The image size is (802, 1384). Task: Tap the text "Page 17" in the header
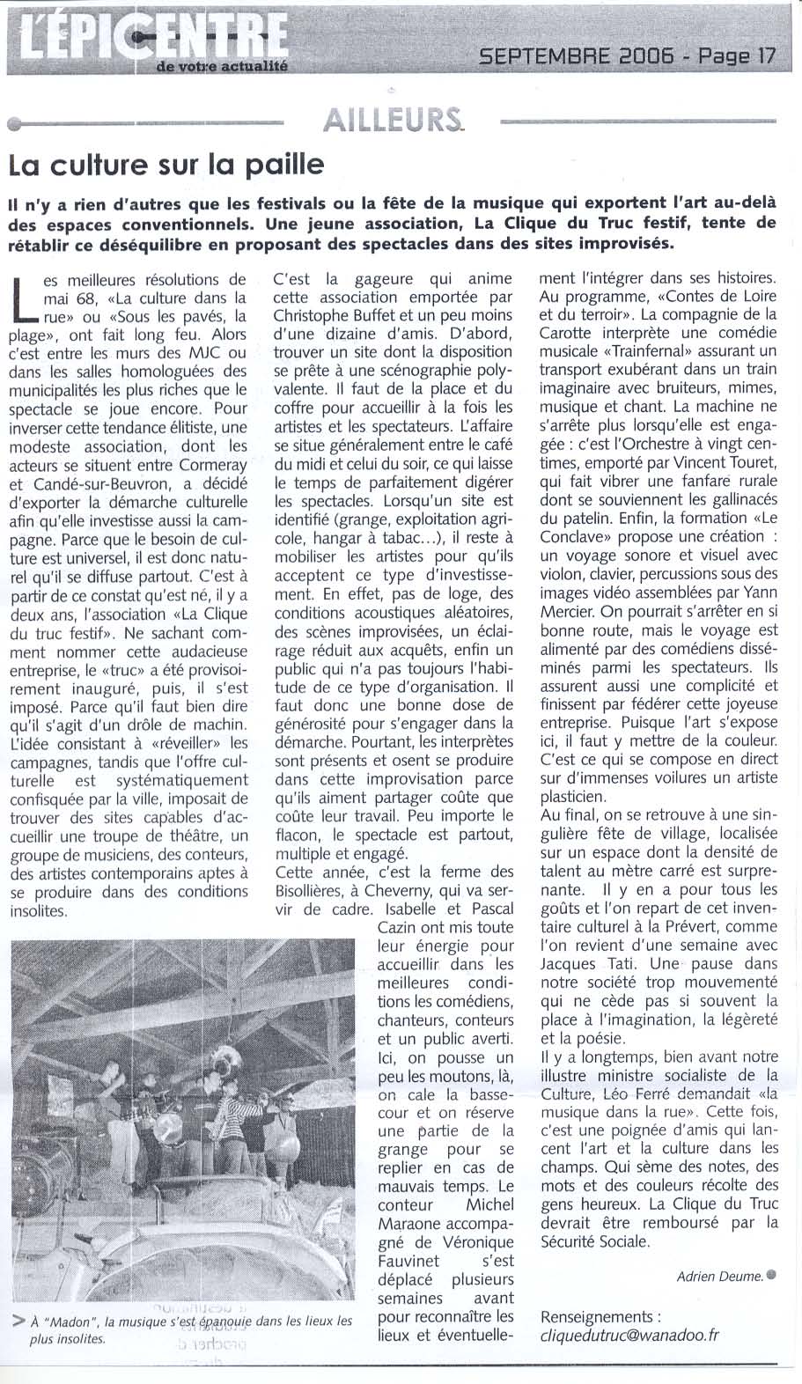[738, 56]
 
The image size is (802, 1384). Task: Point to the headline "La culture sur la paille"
[166, 165]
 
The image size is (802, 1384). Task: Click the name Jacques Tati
[581, 945]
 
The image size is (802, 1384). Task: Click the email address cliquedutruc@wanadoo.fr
[629, 1335]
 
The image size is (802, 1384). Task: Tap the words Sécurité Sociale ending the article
[595, 1241]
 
